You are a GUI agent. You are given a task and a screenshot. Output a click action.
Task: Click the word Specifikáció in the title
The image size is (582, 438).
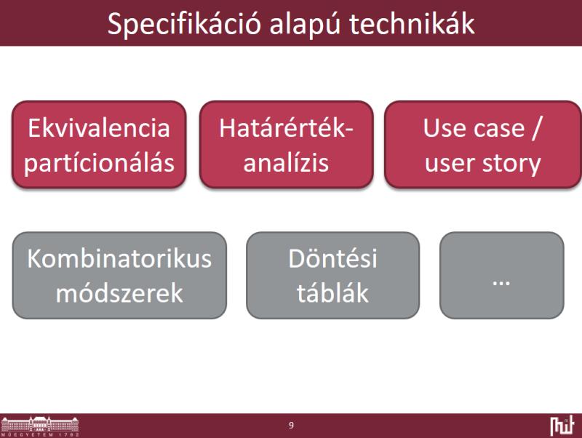(185, 25)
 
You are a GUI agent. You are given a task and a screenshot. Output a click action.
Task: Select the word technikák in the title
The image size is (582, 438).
(412, 24)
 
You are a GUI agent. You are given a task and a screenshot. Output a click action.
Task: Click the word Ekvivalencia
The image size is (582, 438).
(99, 128)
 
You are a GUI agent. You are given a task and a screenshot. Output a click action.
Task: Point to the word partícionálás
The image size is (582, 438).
(99, 162)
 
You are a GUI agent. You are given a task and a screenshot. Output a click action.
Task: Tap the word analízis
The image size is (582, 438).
(286, 162)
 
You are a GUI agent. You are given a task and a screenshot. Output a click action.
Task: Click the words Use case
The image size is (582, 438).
(474, 129)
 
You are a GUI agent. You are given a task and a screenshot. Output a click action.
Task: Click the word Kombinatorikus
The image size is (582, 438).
(119, 258)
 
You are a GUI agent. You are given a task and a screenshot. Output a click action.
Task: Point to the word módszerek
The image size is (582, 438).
(119, 293)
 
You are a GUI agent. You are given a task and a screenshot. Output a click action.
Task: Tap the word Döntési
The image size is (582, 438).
(333, 258)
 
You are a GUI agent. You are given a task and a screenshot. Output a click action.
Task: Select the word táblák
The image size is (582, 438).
(332, 293)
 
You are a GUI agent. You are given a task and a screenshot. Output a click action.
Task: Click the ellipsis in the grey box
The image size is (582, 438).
(501, 284)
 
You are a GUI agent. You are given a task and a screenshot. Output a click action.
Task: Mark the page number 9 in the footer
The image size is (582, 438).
(291, 426)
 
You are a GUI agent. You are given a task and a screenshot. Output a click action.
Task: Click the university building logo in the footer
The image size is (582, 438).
(40, 423)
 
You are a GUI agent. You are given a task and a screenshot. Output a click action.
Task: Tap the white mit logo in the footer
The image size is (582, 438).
(562, 426)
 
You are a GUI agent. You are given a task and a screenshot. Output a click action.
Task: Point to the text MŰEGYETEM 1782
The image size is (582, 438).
(40, 434)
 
